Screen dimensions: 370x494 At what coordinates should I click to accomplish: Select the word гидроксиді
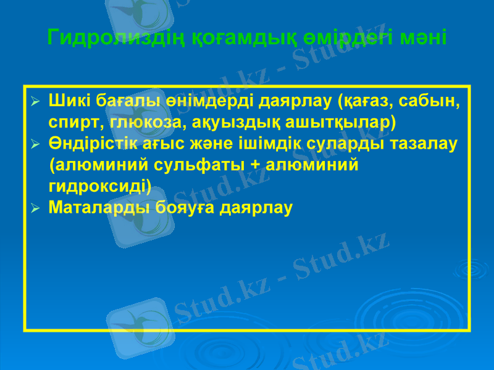99,186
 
